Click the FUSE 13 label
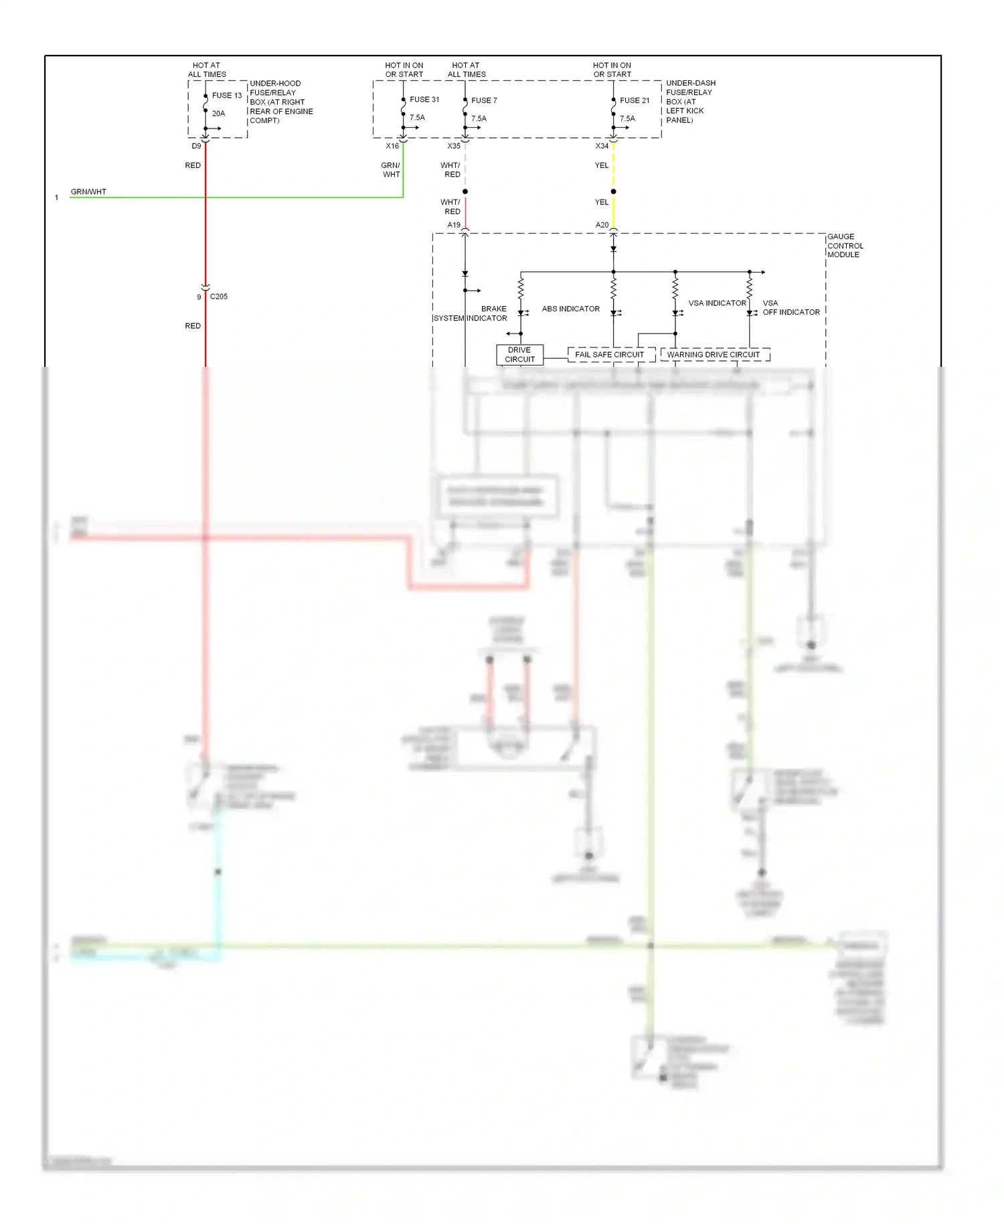click(x=226, y=96)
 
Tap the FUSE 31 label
click(x=424, y=100)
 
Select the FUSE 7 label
click(x=484, y=100)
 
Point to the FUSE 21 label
click(x=635, y=100)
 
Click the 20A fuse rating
click(x=218, y=114)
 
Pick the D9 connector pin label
click(x=196, y=146)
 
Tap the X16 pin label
click(x=392, y=146)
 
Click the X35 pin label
click(x=454, y=146)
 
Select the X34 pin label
click(x=602, y=146)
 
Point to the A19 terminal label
click(x=454, y=225)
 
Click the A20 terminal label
click(x=602, y=225)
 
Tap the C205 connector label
click(x=219, y=297)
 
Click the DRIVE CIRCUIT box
click(x=519, y=355)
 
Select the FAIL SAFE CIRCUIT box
click(x=610, y=355)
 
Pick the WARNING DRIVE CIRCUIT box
click(x=714, y=355)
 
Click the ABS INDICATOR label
click(x=571, y=309)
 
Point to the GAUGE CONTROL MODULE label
click(x=845, y=246)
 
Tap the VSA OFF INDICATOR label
click(x=790, y=308)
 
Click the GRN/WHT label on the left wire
click(x=88, y=192)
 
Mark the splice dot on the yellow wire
click(x=613, y=192)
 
